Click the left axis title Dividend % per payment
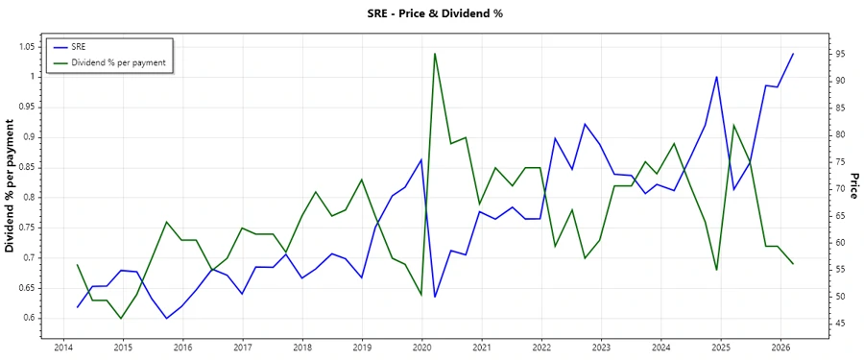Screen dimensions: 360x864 pyautogui.click(x=11, y=186)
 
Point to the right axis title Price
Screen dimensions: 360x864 pyautogui.click(x=853, y=186)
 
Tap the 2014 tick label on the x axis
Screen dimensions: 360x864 pyautogui.click(x=63, y=348)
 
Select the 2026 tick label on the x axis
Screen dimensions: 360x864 pyautogui.click(x=780, y=348)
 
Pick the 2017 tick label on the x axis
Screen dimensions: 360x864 pyautogui.click(x=243, y=348)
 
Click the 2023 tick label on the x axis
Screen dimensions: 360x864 pyautogui.click(x=601, y=348)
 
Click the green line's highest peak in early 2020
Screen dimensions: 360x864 pyautogui.click(x=435, y=54)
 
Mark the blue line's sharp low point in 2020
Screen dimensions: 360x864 pyautogui.click(x=435, y=297)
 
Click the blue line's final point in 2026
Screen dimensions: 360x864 pyautogui.click(x=793, y=54)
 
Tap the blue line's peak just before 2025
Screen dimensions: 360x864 pyautogui.click(x=716, y=77)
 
